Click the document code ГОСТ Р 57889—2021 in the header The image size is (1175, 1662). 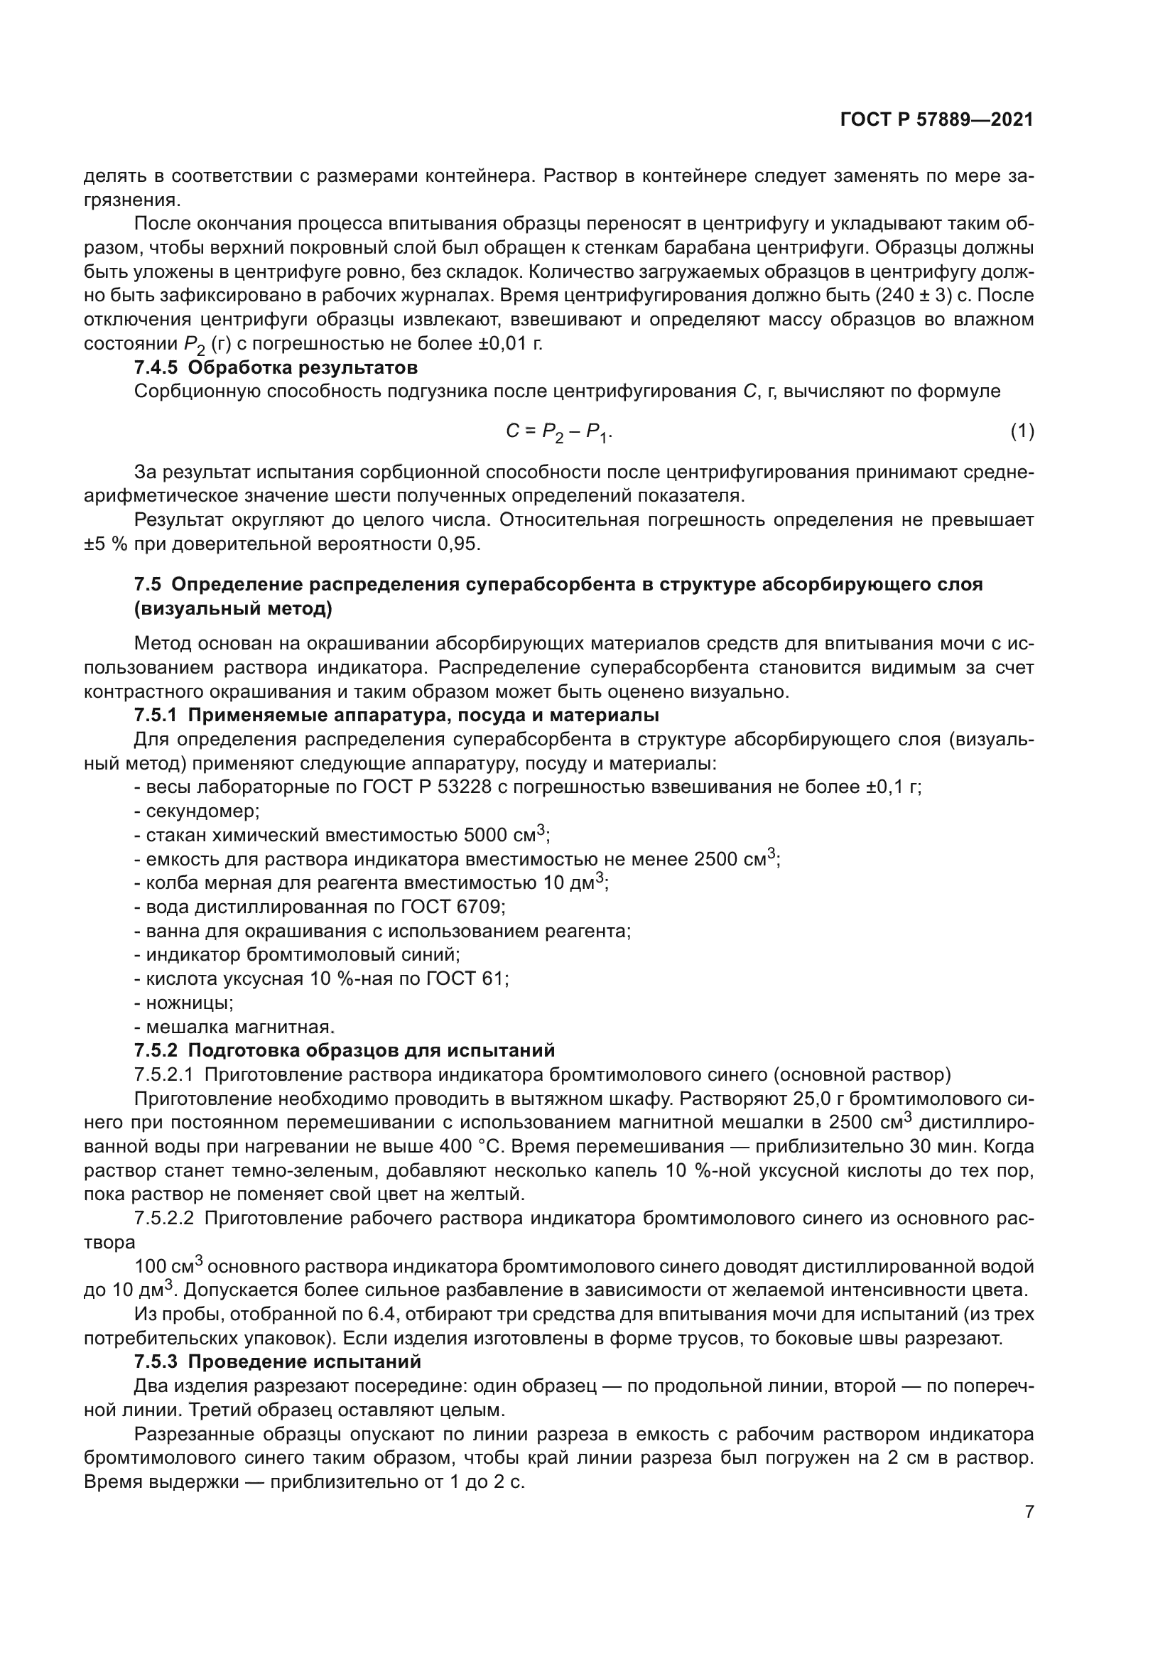(936, 120)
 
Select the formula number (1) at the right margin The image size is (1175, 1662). (1022, 432)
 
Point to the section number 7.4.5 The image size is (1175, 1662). (156, 368)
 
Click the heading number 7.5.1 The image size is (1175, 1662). (156, 716)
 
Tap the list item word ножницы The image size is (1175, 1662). (190, 1003)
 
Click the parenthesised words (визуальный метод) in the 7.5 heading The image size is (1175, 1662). (233, 609)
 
